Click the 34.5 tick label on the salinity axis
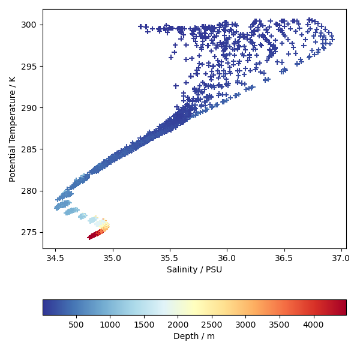coord(55,258)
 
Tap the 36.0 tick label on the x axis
coord(227,258)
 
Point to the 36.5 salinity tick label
coord(284,258)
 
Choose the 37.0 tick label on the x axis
coord(341,258)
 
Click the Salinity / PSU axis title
coord(194,270)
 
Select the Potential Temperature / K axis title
coord(13,128)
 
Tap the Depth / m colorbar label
coord(194,337)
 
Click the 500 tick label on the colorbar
coord(76,325)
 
